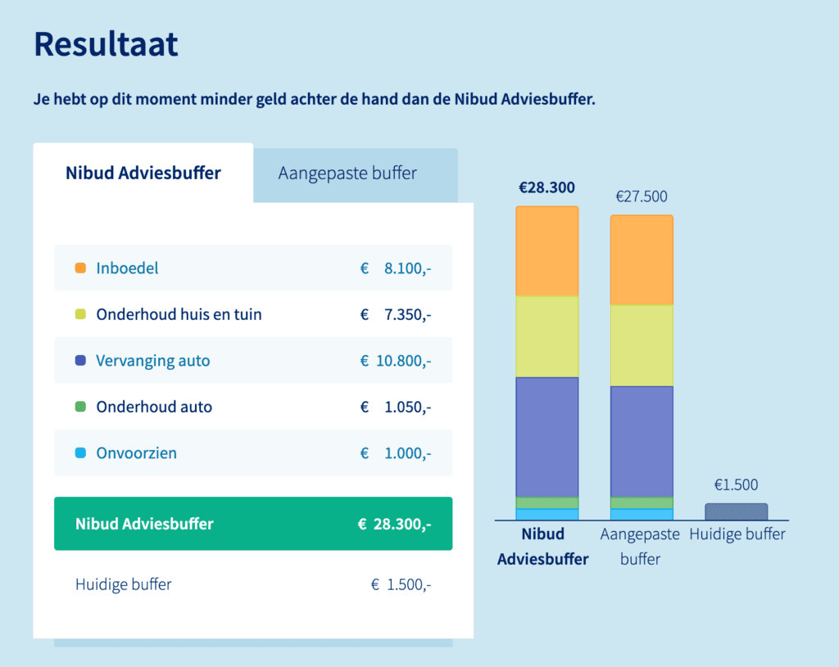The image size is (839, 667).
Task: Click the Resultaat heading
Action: click(x=106, y=44)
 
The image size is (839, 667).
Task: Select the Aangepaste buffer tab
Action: click(x=347, y=174)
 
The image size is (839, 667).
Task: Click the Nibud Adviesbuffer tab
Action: click(x=143, y=174)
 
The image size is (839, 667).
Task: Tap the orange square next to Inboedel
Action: click(x=80, y=268)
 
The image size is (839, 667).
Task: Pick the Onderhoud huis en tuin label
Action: click(x=179, y=314)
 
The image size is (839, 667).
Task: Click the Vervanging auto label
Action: click(x=152, y=361)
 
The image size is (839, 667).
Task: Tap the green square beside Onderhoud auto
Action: click(x=80, y=407)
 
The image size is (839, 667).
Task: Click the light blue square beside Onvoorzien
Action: click(x=80, y=453)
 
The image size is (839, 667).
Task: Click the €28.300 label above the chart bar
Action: click(x=546, y=187)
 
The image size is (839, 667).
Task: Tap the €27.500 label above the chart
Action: click(x=642, y=196)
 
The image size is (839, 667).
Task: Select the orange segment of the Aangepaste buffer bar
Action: click(x=642, y=260)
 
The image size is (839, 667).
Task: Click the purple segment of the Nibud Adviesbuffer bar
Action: click(x=546, y=437)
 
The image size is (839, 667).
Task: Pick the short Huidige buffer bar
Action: click(x=736, y=512)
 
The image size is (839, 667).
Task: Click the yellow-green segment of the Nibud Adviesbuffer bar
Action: click(x=546, y=336)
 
